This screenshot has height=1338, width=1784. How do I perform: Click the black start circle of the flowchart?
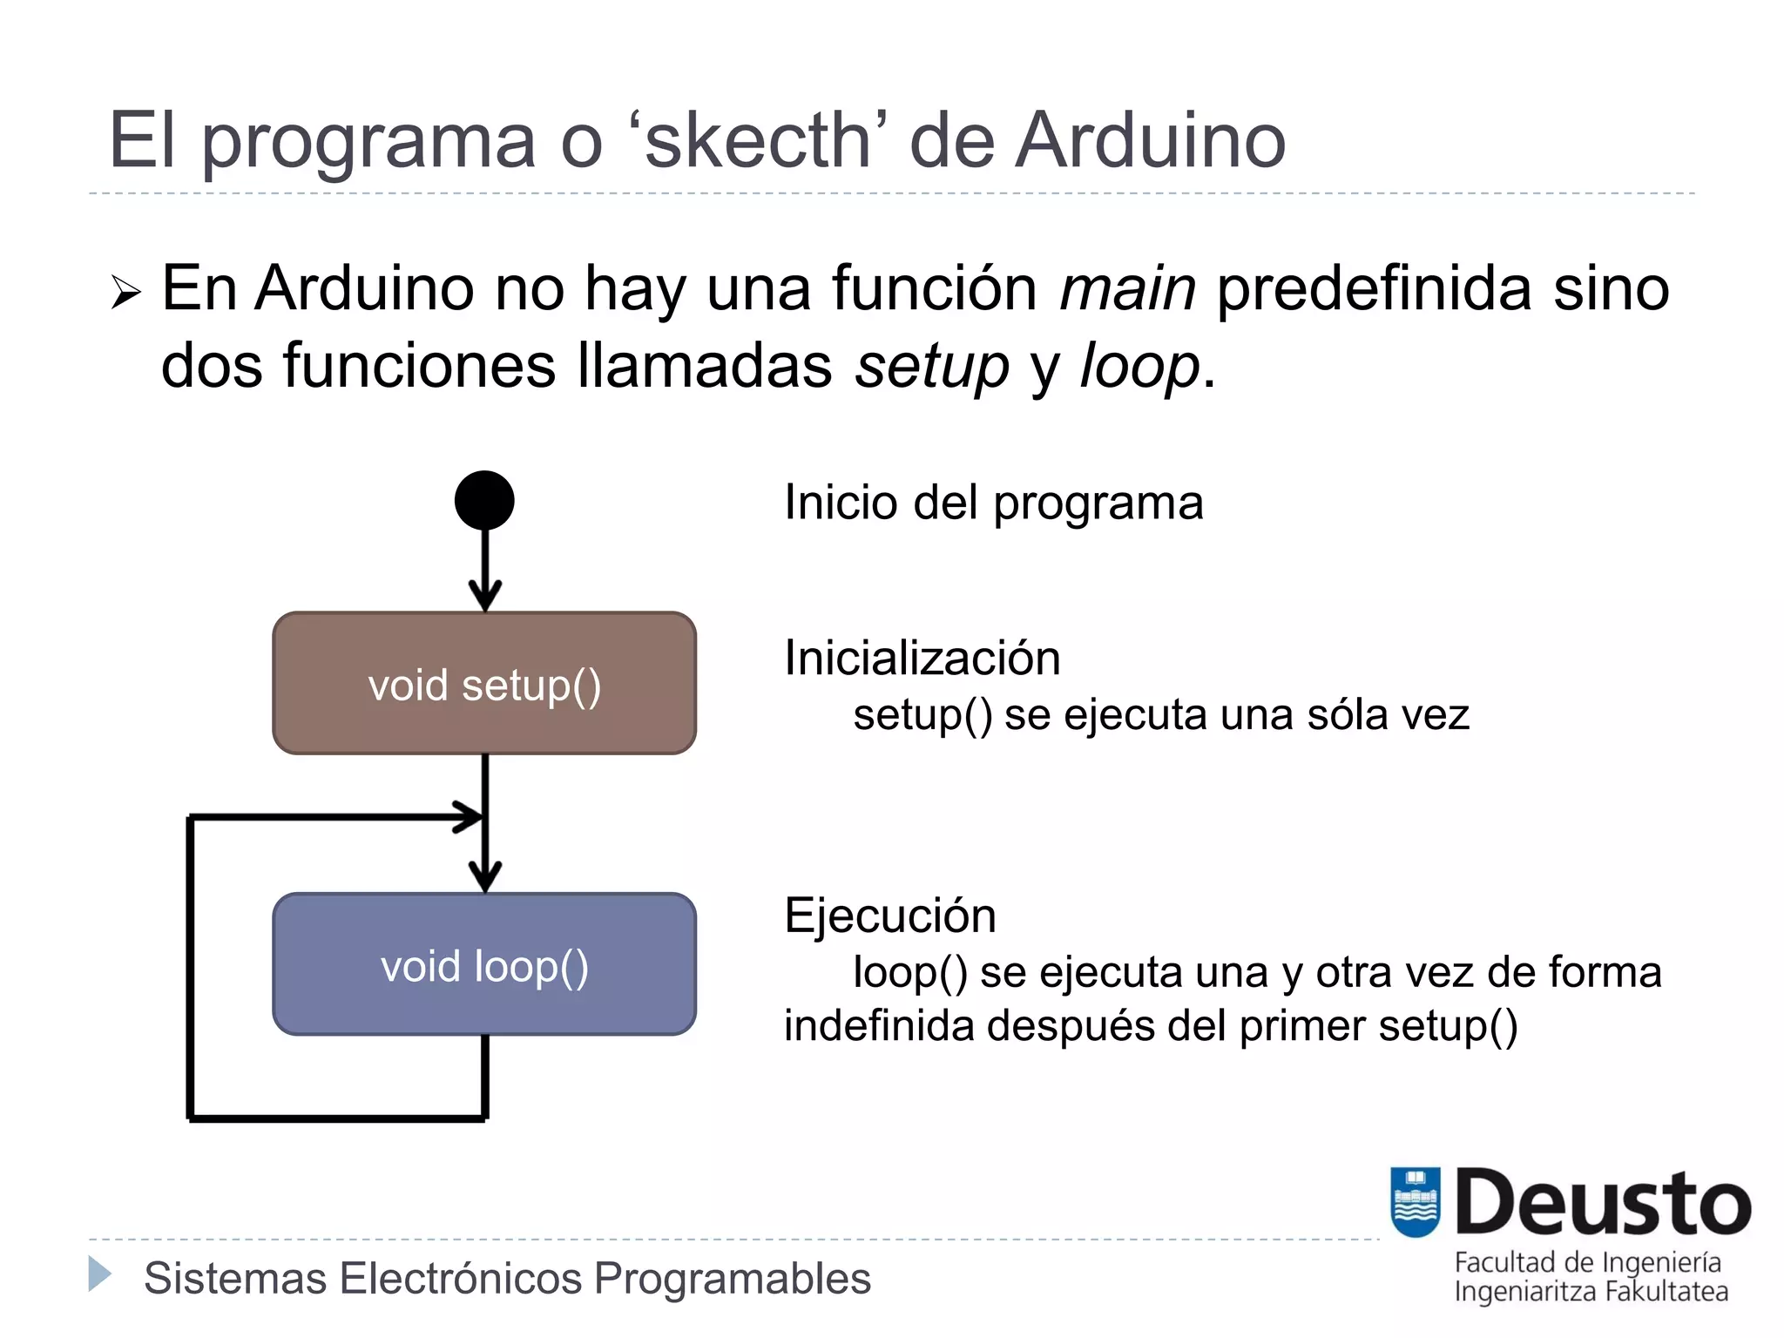tap(484, 500)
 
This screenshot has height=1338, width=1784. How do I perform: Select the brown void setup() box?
tap(484, 684)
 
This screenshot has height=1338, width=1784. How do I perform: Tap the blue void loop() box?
tap(484, 965)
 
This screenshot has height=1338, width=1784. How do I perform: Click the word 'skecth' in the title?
tap(757, 141)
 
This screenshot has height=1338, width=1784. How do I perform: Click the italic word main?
tap(1127, 289)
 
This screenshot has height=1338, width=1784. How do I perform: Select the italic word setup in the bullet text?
tap(931, 366)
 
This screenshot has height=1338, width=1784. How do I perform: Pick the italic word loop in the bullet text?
tap(1139, 366)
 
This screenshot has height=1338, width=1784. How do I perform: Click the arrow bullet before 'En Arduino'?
tap(125, 292)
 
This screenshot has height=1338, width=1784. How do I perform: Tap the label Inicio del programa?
tap(993, 503)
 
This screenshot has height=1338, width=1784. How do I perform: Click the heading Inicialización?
tap(922, 659)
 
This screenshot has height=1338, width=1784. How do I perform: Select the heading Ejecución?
tap(889, 916)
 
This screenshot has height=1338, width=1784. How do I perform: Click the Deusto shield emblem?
tap(1415, 1202)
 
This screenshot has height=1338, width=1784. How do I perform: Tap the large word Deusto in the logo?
tap(1603, 1204)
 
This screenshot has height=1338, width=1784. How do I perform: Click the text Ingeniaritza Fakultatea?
tap(1591, 1291)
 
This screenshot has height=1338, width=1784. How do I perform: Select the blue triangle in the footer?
tap(100, 1274)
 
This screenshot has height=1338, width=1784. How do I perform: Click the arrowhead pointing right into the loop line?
tap(469, 817)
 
